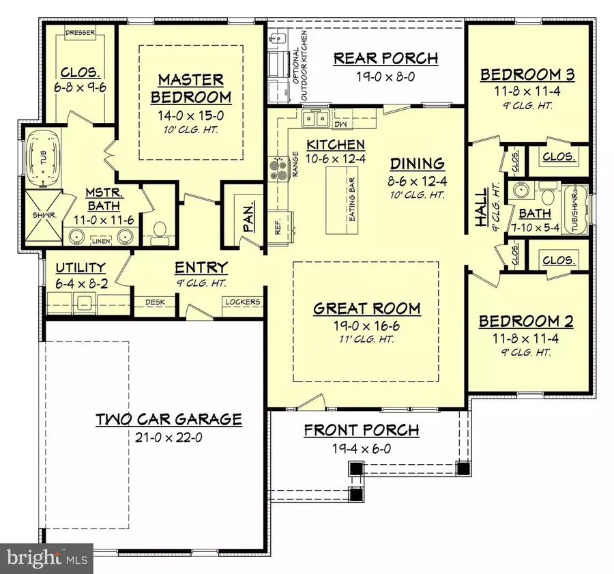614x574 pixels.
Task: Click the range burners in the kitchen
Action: pyautogui.click(x=280, y=168)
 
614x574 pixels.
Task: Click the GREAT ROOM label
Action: pyautogui.click(x=366, y=308)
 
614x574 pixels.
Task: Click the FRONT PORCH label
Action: pyautogui.click(x=361, y=430)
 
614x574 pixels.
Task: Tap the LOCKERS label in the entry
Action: pyautogui.click(x=242, y=301)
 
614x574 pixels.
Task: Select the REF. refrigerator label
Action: pyautogui.click(x=278, y=227)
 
